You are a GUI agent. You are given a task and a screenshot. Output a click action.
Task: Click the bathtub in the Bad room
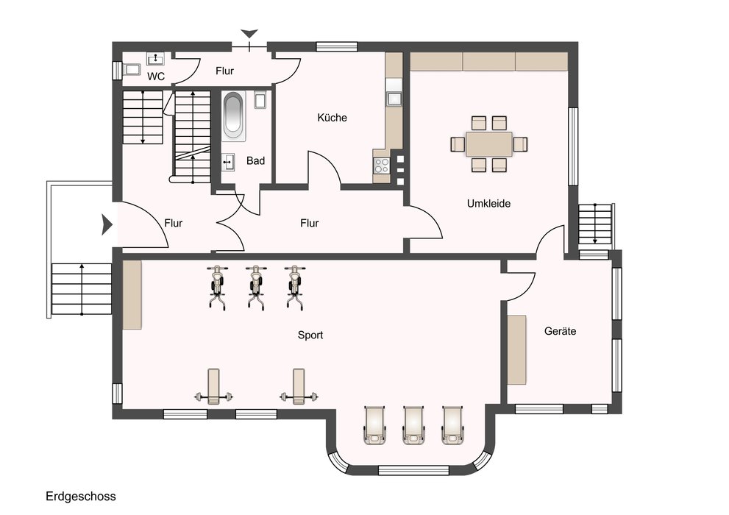(x=233, y=115)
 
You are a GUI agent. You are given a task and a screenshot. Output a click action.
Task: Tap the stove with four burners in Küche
(x=383, y=165)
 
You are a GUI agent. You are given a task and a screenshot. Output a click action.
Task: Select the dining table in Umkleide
(x=489, y=144)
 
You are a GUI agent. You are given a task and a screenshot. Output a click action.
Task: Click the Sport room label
(x=310, y=335)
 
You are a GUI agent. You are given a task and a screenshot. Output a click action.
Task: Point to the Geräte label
(x=561, y=331)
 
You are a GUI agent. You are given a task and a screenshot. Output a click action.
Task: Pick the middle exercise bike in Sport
(x=256, y=287)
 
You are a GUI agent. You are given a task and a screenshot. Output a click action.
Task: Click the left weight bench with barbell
(x=213, y=387)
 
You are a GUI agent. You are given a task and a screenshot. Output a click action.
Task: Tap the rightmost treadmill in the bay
(x=452, y=425)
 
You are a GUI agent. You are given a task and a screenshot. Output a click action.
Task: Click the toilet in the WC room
(x=132, y=70)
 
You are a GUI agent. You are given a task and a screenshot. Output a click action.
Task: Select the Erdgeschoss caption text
(x=80, y=497)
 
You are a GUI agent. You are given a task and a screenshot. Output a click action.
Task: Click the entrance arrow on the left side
(x=107, y=225)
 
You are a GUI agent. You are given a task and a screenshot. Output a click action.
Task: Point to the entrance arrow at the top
(x=249, y=33)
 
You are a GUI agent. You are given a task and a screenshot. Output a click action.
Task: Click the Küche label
(x=332, y=118)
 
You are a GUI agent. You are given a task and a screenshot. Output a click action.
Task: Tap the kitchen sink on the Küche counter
(x=394, y=99)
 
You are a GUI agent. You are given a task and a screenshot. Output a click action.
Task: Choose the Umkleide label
(x=488, y=204)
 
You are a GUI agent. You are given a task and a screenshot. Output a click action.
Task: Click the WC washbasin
(x=156, y=59)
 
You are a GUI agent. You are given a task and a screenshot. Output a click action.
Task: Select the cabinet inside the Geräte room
(x=516, y=350)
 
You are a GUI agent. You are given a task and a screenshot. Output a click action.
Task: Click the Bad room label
(x=256, y=161)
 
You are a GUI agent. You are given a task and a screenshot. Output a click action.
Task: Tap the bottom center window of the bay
(x=413, y=470)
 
